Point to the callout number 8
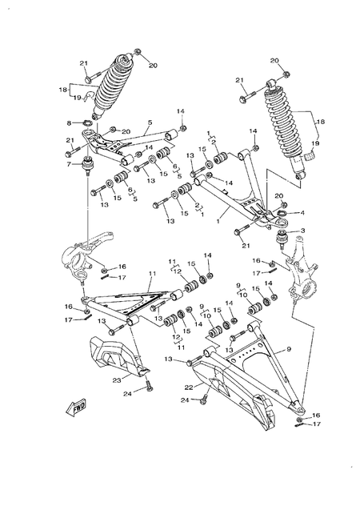click(70, 122)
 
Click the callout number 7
click(70, 163)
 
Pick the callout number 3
click(304, 231)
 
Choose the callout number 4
click(303, 213)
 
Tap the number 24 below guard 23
click(128, 393)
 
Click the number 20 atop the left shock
click(154, 66)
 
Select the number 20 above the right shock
click(274, 61)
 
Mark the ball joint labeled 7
click(89, 167)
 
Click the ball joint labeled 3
click(284, 236)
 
